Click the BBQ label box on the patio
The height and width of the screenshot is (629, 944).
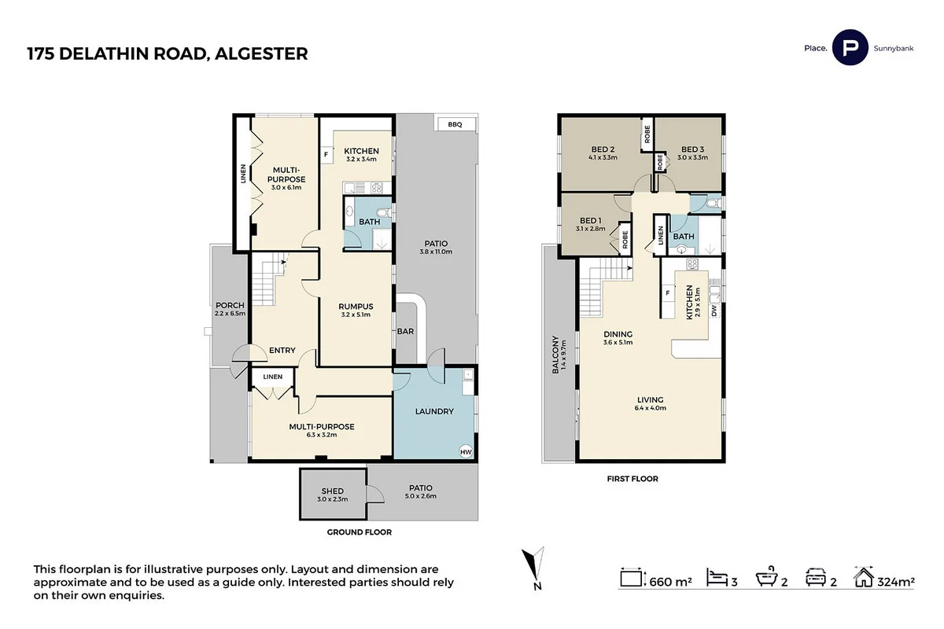(455, 125)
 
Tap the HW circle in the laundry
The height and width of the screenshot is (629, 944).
(466, 452)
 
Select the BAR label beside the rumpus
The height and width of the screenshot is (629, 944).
(405, 332)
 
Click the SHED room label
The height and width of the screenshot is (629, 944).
(333, 491)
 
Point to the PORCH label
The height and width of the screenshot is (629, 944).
(229, 305)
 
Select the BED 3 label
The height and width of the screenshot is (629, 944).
(692, 149)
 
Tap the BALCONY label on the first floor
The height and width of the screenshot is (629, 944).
(555, 355)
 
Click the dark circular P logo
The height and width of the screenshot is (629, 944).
(850, 48)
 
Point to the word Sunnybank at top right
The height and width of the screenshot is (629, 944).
(893, 48)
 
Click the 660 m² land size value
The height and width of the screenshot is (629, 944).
(670, 582)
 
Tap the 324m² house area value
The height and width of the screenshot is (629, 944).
(897, 582)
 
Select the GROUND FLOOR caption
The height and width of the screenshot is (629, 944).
(359, 532)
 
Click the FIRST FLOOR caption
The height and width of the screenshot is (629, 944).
(632, 478)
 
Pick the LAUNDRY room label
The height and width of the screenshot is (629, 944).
(433, 411)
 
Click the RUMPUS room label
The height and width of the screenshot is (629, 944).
(355, 307)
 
